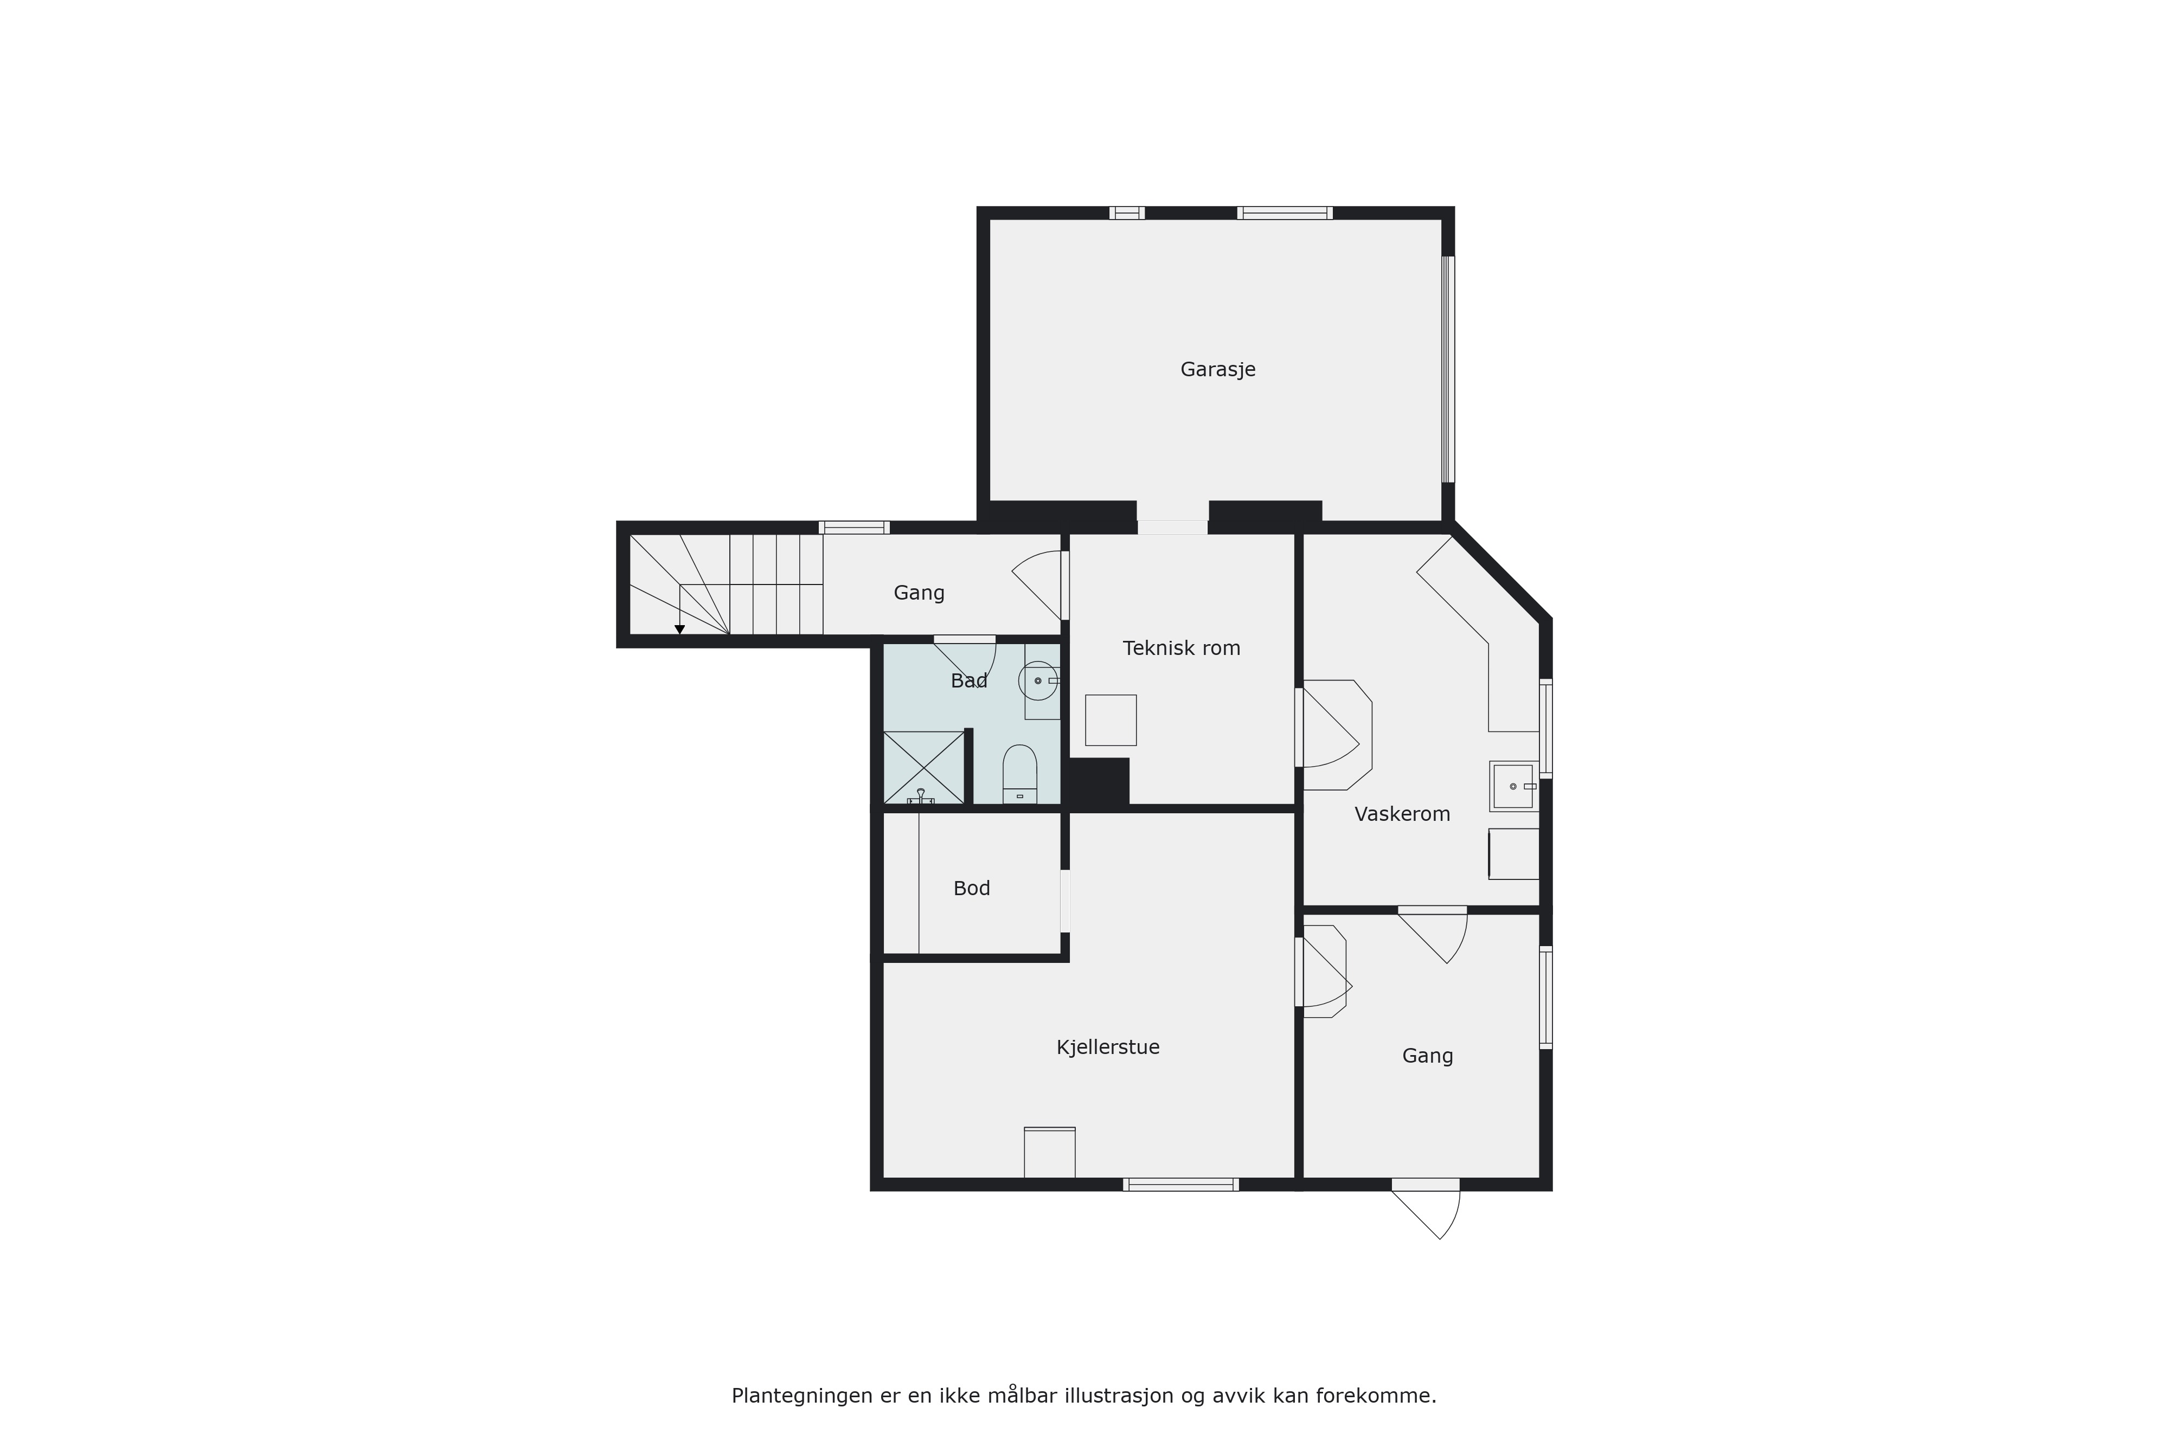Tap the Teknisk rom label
[x=1182, y=648]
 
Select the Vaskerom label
[x=1402, y=814]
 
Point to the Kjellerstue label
[x=1108, y=1047]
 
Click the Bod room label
[x=971, y=888]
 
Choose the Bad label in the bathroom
[x=969, y=680]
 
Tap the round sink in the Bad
[x=1037, y=680]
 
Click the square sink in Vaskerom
[x=1513, y=786]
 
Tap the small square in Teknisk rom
[x=1111, y=720]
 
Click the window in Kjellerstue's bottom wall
[x=1180, y=1184]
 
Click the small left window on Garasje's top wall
[x=1127, y=213]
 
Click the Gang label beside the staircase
[x=920, y=593]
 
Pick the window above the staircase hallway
[x=854, y=528]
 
